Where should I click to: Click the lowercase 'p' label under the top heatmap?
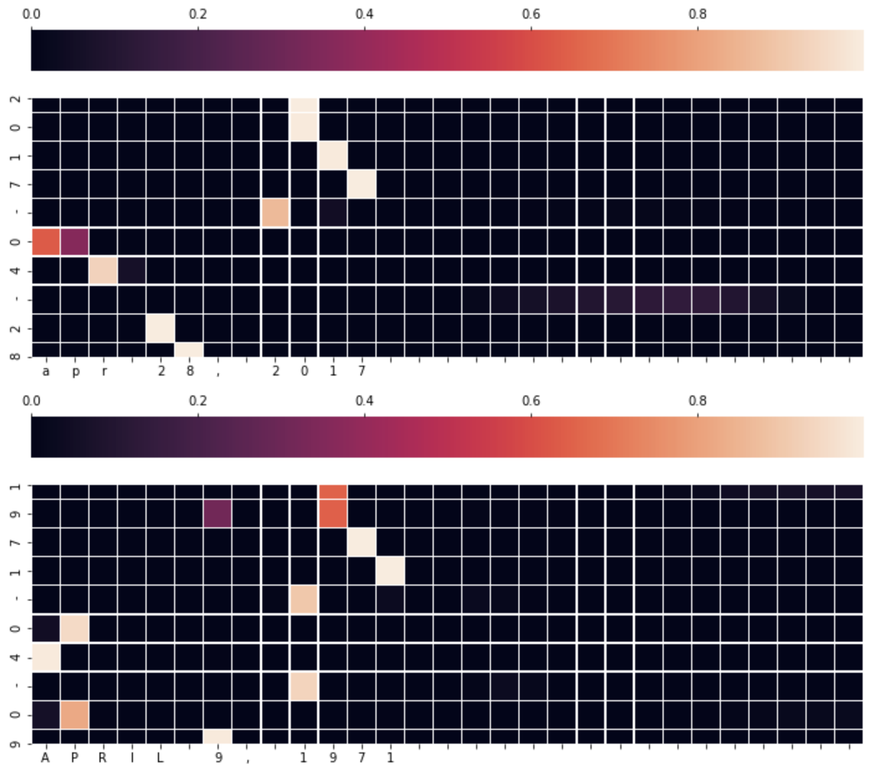click(x=75, y=372)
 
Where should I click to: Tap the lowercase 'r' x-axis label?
click(x=104, y=372)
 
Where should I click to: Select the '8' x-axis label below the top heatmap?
click(x=190, y=371)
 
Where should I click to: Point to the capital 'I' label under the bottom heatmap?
click(x=132, y=758)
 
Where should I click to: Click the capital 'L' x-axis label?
click(x=160, y=758)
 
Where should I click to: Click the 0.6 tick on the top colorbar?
click(x=531, y=14)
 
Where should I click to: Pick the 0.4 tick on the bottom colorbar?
click(x=364, y=401)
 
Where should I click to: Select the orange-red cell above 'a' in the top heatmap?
click(x=46, y=242)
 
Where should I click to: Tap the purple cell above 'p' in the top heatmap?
click(x=75, y=242)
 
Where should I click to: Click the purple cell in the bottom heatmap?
click(x=218, y=514)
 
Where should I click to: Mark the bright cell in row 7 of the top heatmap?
click(x=362, y=185)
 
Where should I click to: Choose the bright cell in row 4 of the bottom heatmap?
click(x=46, y=657)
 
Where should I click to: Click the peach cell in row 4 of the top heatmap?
click(x=103, y=270)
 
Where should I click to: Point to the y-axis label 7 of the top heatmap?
click(x=16, y=185)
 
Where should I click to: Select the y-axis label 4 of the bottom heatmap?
click(x=16, y=657)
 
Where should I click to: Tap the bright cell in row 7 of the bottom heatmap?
click(x=362, y=542)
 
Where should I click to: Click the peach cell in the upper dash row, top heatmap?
click(x=275, y=213)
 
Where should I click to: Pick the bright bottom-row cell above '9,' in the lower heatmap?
click(x=218, y=737)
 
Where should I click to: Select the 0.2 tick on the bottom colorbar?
click(x=198, y=401)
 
